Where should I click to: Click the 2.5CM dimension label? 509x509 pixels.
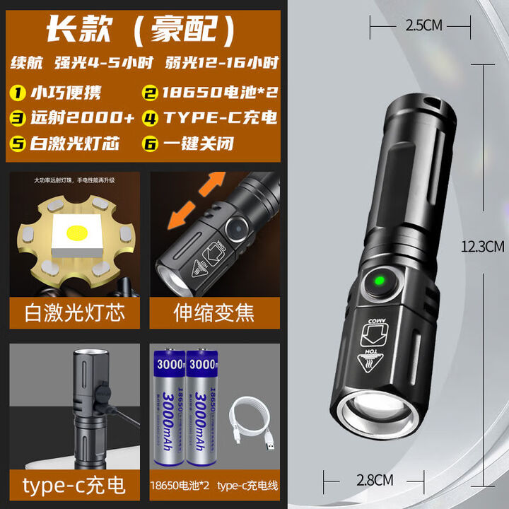(423, 25)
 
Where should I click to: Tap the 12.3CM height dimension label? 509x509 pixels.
(482, 247)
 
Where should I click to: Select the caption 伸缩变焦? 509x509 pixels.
(214, 311)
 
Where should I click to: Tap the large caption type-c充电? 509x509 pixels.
(74, 485)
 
